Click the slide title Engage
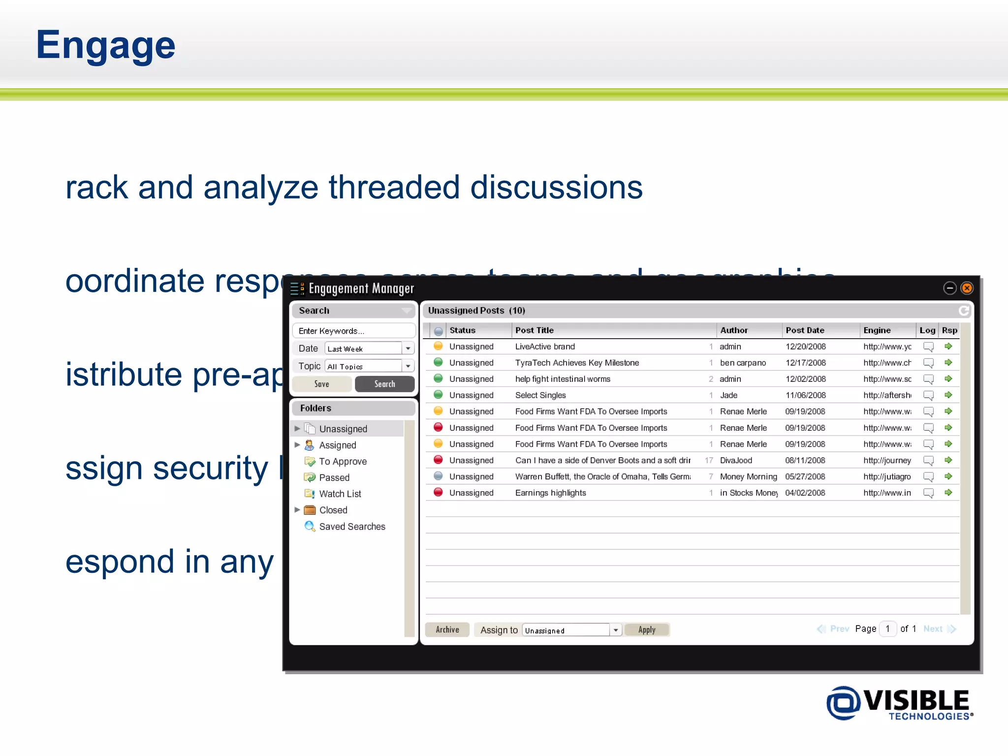[105, 45]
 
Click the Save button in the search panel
[322, 384]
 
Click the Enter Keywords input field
[353, 331]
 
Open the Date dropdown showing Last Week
[408, 348]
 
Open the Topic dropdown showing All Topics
[408, 366]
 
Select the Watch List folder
[340, 494]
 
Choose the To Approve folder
[343, 461]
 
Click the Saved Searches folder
[352, 526]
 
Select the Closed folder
[333, 510]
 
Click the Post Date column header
[805, 330]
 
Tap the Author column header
[734, 330]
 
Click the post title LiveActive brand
[545, 346]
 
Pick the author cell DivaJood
[736, 460]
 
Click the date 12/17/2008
[806, 363]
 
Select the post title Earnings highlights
[550, 493]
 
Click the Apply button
[647, 630]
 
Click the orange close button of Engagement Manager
[967, 288]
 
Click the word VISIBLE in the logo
[916, 700]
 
